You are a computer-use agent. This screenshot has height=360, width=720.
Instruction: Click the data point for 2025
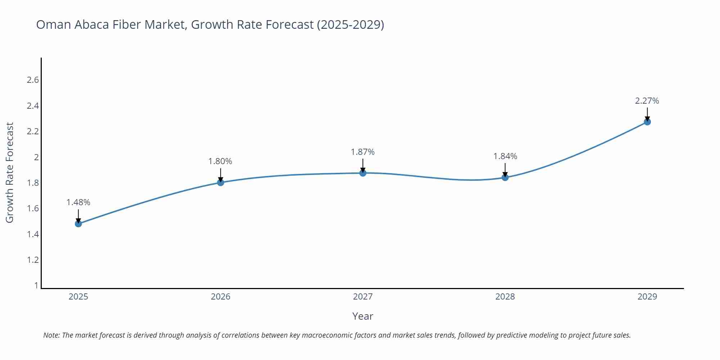coord(78,224)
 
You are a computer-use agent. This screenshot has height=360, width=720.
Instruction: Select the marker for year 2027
coord(363,173)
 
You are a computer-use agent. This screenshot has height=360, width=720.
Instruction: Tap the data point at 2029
coord(647,122)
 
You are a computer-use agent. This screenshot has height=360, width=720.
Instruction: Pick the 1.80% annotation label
coord(220,162)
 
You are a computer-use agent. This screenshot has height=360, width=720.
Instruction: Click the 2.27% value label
coord(647,101)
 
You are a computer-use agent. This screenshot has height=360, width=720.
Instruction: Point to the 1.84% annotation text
coord(505,157)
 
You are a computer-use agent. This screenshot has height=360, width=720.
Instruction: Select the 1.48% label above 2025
coord(78,203)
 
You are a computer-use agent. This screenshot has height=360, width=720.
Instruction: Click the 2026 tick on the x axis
coord(221,297)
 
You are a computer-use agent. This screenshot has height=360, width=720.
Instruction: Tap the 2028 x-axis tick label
coord(505,297)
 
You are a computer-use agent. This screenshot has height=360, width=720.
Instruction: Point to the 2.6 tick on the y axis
coord(33,80)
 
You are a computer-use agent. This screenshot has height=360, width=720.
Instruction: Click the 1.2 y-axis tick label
coord(33,260)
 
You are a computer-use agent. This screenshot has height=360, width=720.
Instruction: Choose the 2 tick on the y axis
coord(36,157)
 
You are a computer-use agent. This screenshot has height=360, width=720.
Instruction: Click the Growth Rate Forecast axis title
coord(10,173)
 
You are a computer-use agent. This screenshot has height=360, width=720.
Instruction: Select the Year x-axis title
coord(363,316)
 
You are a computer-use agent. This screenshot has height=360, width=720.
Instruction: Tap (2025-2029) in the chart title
coord(350,25)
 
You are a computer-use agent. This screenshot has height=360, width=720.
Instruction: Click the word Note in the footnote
coord(51,336)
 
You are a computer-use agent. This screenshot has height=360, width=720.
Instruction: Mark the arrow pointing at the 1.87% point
coord(363,166)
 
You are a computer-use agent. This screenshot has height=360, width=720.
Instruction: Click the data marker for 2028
coord(505,177)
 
